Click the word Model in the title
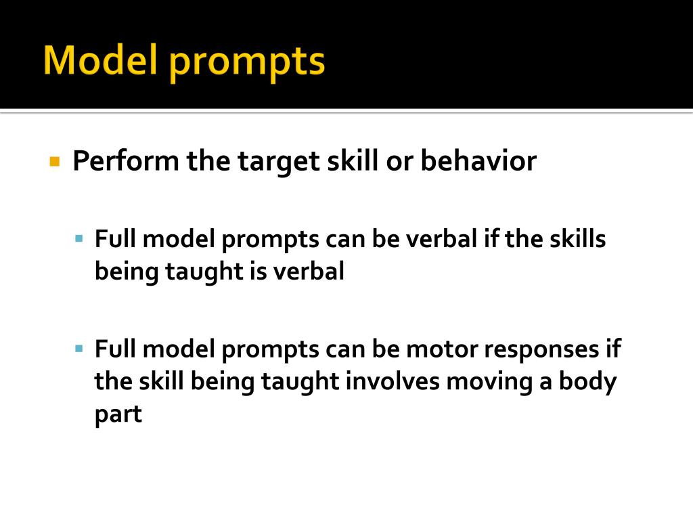pos(102,61)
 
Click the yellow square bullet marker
pos(55,162)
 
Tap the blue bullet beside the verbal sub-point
pos(79,239)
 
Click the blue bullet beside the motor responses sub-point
pos(79,349)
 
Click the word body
pos(587,382)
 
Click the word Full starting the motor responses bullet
pos(116,349)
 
